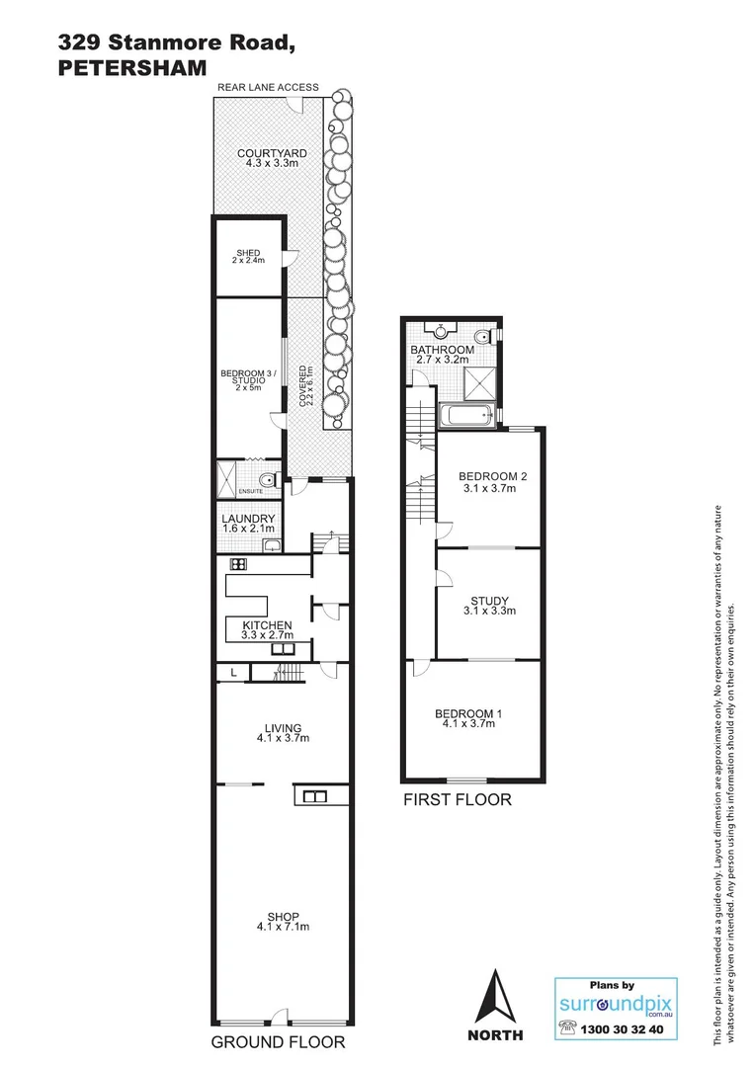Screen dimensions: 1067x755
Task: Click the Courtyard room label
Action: click(x=271, y=154)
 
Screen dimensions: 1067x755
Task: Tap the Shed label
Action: click(x=249, y=253)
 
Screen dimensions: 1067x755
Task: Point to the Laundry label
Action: click(x=248, y=519)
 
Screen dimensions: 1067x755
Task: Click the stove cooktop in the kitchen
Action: click(x=238, y=564)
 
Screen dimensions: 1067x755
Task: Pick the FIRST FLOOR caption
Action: click(x=457, y=799)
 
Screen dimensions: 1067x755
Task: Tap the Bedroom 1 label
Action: click(x=469, y=713)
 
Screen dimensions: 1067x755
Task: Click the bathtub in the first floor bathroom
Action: click(x=468, y=417)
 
